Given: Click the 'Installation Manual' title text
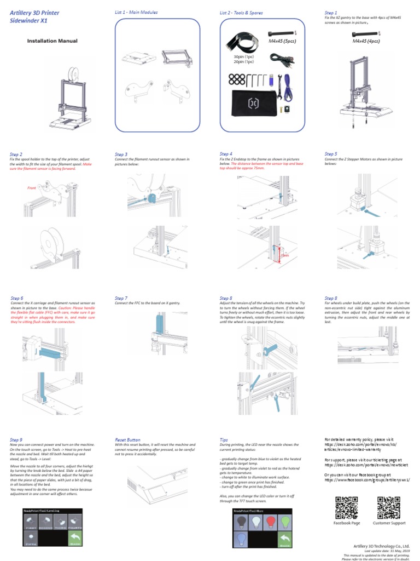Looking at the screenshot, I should click(52, 41).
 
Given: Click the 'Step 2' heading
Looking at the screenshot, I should click(16, 154).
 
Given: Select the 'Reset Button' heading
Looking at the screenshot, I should click(127, 439).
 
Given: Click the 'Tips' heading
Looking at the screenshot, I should click(224, 439).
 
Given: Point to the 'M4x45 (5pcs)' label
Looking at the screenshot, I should click(282, 41).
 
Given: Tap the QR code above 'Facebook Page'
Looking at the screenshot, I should click(347, 507).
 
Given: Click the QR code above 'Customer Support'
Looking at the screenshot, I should click(389, 507).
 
